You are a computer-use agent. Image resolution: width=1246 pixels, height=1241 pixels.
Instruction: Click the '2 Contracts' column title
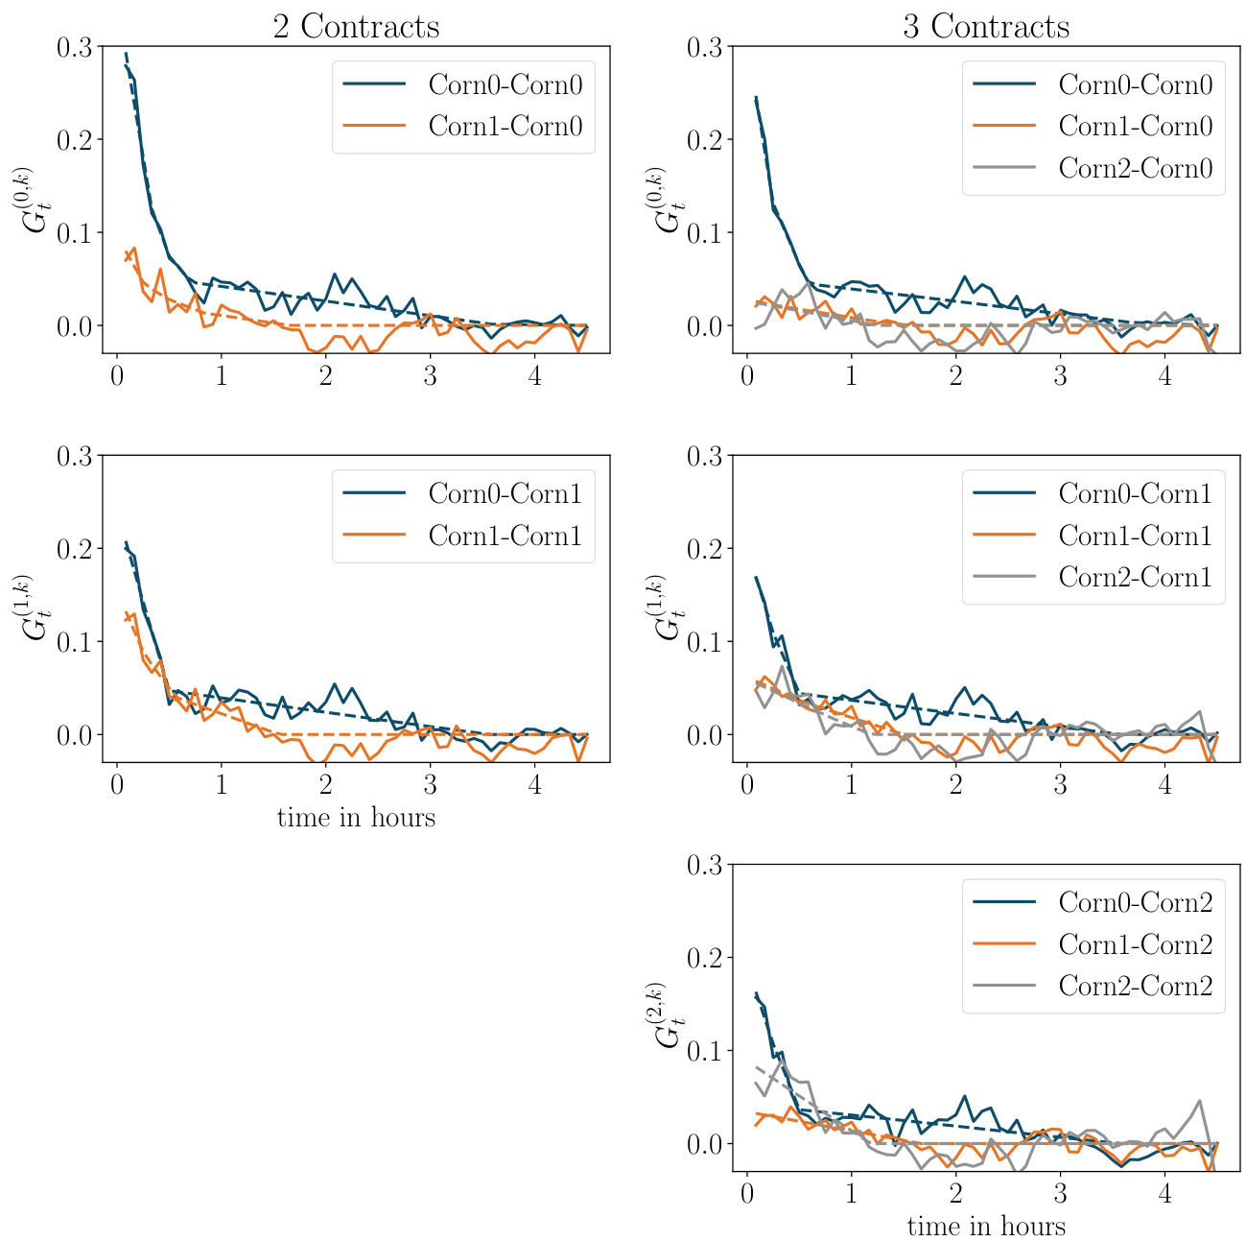pyautogui.click(x=356, y=25)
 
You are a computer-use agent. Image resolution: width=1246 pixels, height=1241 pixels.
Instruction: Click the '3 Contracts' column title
pyautogui.click(x=986, y=25)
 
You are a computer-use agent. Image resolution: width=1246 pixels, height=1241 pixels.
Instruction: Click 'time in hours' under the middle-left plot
pyautogui.click(x=356, y=818)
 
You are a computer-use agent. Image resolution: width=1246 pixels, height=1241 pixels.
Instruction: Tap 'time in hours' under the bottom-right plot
pyautogui.click(x=986, y=1226)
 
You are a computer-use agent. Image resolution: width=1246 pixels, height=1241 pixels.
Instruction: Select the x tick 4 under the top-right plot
pyautogui.click(x=1164, y=376)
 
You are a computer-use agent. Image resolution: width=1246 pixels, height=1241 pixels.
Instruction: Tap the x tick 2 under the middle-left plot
pyautogui.click(x=325, y=785)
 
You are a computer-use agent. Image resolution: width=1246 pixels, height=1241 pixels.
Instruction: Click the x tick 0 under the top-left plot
pyautogui.click(x=116, y=376)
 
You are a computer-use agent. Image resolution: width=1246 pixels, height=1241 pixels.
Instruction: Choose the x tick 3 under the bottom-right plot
pyautogui.click(x=1060, y=1194)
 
